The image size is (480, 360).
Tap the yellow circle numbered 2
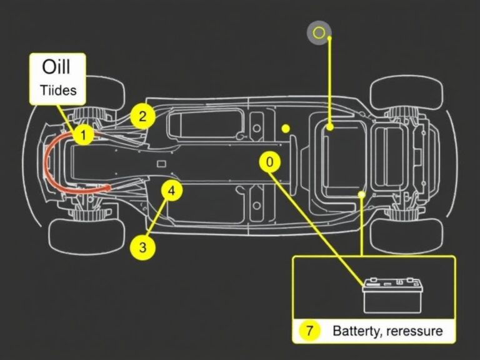pyautogui.click(x=143, y=116)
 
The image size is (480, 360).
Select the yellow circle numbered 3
pyautogui.click(x=142, y=247)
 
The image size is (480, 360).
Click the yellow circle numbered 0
pyautogui.click(x=269, y=162)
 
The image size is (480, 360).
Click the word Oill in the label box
pyautogui.click(x=56, y=67)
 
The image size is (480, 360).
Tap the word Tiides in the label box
pyautogui.click(x=58, y=90)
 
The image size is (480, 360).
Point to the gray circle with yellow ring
pyautogui.click(x=319, y=32)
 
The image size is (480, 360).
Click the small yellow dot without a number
pyautogui.click(x=286, y=129)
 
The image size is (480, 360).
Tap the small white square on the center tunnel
pyautogui.click(x=161, y=164)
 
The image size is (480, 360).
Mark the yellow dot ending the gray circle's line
pyautogui.click(x=329, y=127)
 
